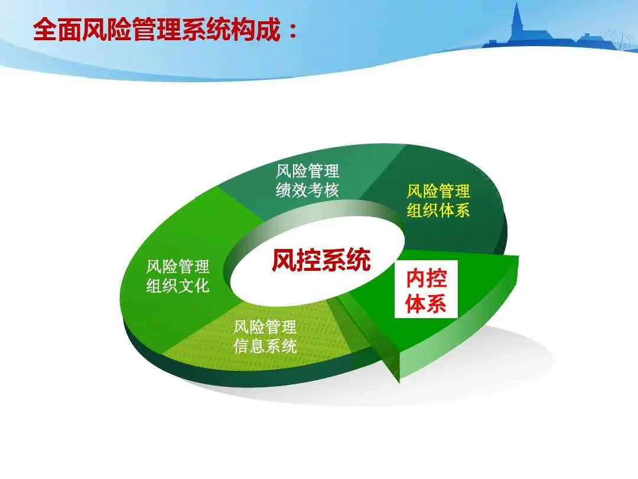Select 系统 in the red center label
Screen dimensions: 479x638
point(346,260)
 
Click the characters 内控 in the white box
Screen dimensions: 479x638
point(426,279)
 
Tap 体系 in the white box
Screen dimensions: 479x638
point(426,304)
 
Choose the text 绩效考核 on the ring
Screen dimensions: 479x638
point(308,191)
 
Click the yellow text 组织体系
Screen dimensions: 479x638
point(438,211)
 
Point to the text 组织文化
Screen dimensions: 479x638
point(178,286)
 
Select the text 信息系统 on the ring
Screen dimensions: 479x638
point(265,346)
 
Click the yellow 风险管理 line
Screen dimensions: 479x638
point(438,191)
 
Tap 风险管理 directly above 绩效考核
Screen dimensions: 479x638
point(308,171)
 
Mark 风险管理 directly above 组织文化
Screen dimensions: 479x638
point(178,267)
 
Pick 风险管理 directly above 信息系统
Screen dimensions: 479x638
point(265,326)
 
